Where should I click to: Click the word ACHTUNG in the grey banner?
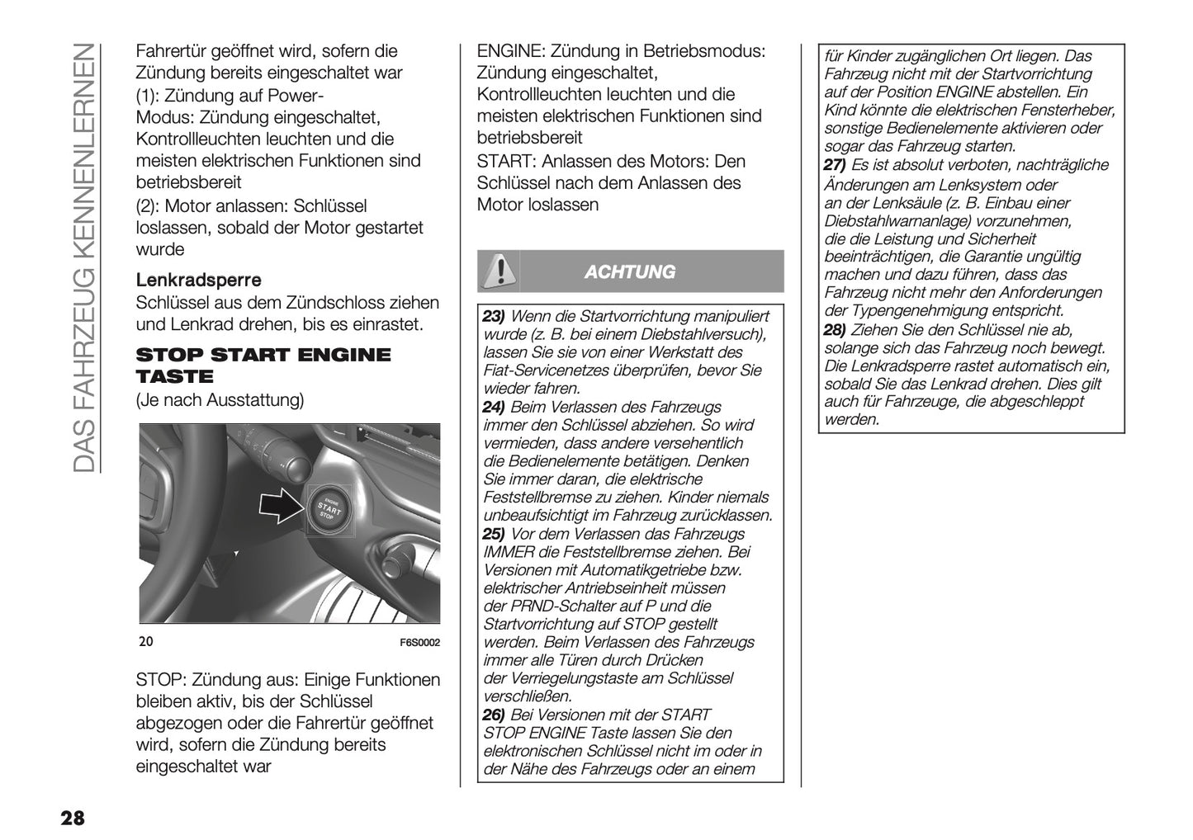(629, 271)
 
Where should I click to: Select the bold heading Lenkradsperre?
(198, 281)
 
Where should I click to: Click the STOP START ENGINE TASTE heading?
(263, 366)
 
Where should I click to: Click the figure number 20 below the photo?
(146, 643)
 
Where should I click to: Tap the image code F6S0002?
(420, 643)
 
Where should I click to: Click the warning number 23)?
(494, 316)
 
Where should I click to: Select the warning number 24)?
(494, 407)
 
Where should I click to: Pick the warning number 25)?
(494, 534)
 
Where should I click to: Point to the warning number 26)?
(494, 715)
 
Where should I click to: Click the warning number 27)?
(836, 165)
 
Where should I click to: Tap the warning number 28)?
(836, 329)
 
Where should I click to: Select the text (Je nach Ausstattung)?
(220, 401)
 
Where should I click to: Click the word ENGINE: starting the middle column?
(506, 51)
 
